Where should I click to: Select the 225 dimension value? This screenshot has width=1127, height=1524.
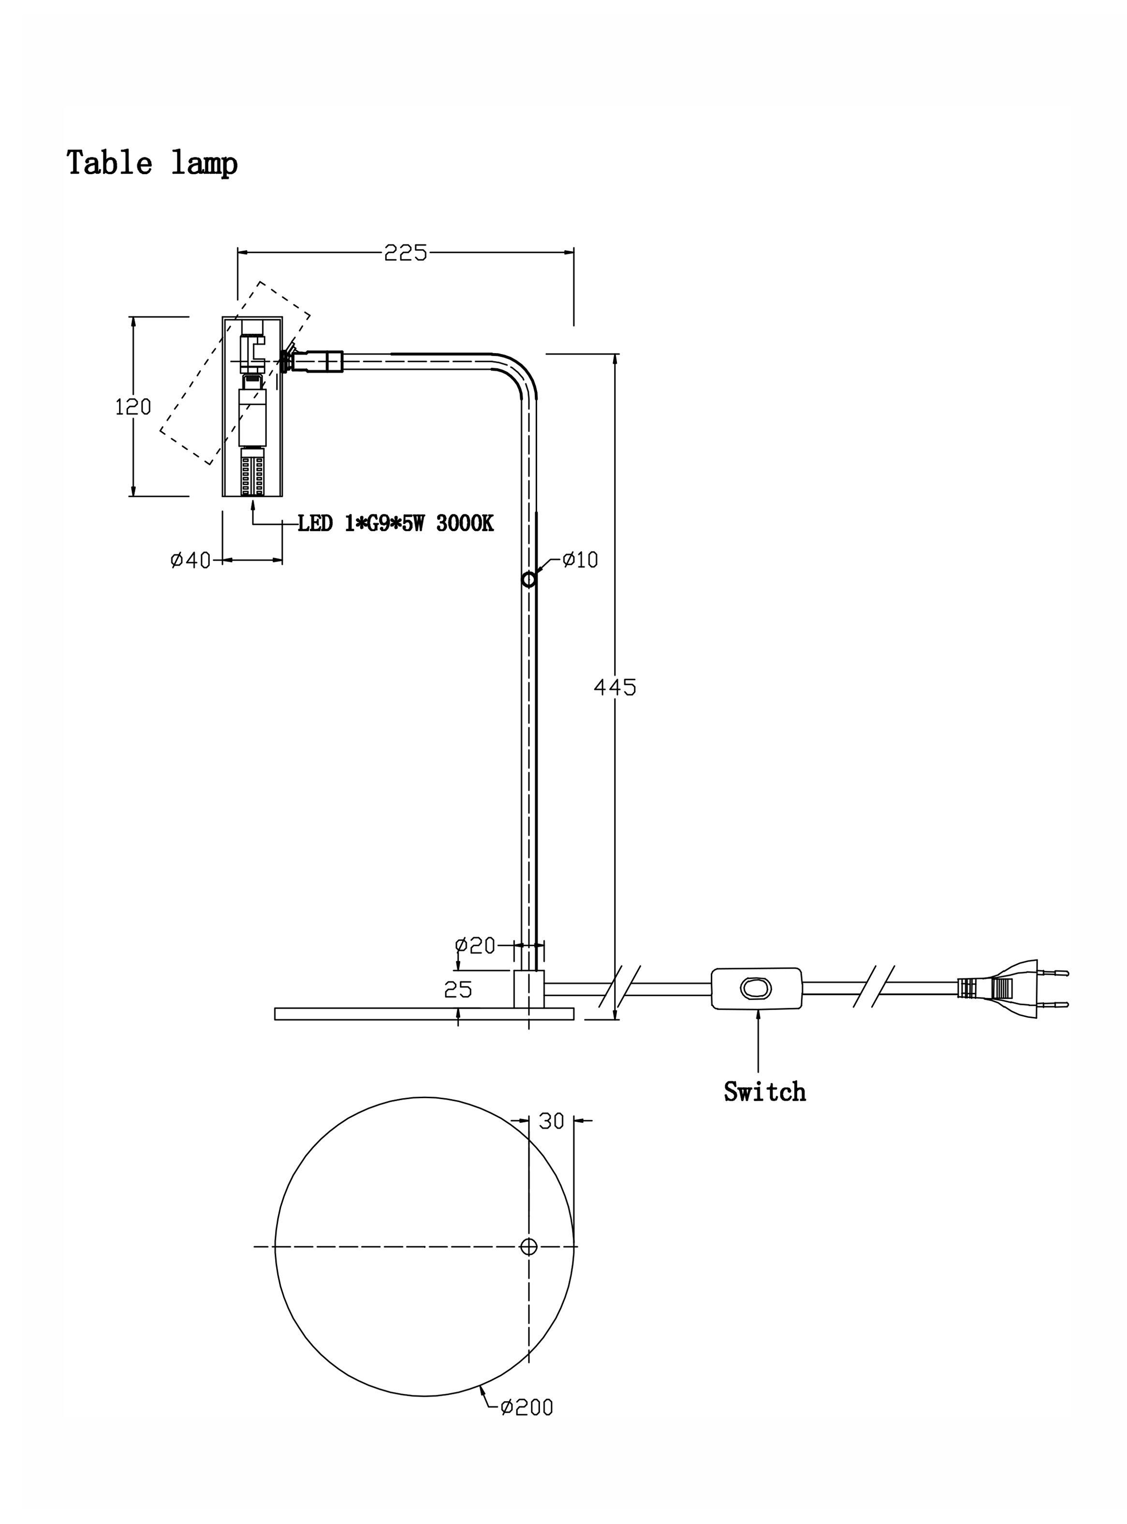pyautogui.click(x=405, y=253)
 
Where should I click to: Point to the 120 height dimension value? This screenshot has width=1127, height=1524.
pyautogui.click(x=133, y=407)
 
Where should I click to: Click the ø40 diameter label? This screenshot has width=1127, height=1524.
pyautogui.click(x=190, y=560)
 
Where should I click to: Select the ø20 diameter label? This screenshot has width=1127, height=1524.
pyautogui.click(x=475, y=945)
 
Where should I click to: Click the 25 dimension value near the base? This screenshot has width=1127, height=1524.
pyautogui.click(x=458, y=989)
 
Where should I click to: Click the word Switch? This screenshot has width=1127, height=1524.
pyautogui.click(x=765, y=1091)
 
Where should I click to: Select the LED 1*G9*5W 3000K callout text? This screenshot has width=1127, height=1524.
pyautogui.click(x=395, y=523)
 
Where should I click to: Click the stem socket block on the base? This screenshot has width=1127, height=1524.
pyautogui.click(x=529, y=988)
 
